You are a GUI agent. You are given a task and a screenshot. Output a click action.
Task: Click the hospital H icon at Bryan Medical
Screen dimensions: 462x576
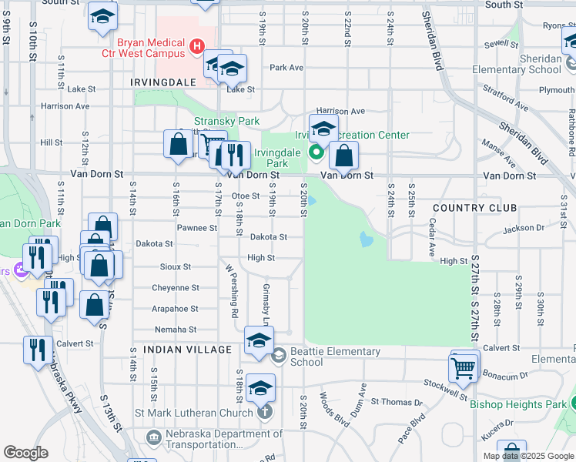click(196, 47)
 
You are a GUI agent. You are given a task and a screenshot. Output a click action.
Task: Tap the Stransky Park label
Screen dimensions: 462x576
click(226, 121)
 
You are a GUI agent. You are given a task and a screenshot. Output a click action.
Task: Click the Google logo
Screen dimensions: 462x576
click(25, 453)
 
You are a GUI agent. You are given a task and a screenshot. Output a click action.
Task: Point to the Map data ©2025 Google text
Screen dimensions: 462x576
click(528, 456)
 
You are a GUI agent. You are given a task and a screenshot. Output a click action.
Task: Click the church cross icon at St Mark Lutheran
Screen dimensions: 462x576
click(265, 412)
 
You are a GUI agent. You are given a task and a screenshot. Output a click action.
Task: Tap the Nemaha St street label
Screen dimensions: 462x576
click(176, 330)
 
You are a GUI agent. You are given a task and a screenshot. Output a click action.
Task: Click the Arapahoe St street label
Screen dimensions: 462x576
click(174, 309)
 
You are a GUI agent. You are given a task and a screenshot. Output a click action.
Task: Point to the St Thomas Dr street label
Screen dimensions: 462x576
click(397, 402)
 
